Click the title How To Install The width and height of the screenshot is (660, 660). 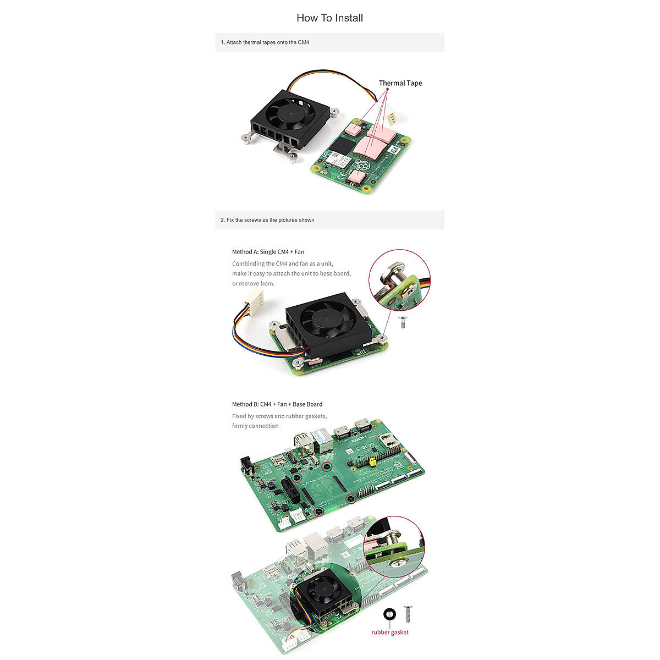[x=329, y=18]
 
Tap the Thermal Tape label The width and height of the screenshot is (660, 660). [x=400, y=83]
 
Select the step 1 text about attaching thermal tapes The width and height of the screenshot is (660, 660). [x=265, y=42]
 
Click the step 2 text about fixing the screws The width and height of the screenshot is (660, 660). [x=267, y=220]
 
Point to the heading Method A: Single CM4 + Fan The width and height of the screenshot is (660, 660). [x=268, y=252]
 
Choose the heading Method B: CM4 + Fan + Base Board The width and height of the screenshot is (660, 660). [x=277, y=404]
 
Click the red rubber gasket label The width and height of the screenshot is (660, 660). [x=389, y=632]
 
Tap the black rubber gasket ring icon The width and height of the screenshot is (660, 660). [x=389, y=614]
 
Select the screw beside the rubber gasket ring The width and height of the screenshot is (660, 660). [x=408, y=613]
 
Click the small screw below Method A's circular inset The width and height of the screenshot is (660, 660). [x=402, y=322]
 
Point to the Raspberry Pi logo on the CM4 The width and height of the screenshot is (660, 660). [x=361, y=164]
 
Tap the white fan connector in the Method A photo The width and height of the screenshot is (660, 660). [x=252, y=300]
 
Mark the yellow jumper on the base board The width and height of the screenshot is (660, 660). [x=373, y=463]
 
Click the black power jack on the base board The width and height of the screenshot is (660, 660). [x=247, y=468]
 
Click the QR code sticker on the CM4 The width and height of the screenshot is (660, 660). [x=393, y=150]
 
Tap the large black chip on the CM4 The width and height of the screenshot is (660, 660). [x=341, y=146]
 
